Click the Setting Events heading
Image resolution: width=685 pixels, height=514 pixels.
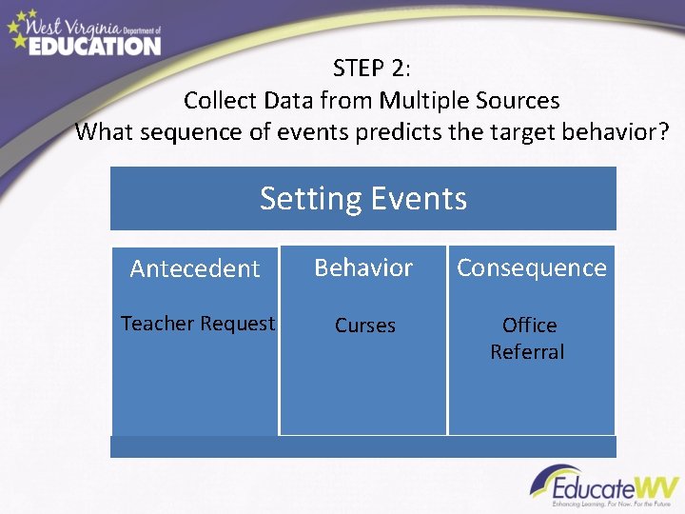363,198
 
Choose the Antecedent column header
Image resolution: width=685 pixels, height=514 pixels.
195,268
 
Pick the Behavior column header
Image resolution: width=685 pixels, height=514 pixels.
363,267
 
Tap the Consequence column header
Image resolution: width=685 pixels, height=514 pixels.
531,267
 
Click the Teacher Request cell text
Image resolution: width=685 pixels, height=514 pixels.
197,324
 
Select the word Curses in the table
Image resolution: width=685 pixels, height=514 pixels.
364,326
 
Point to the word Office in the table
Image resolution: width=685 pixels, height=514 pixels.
529,326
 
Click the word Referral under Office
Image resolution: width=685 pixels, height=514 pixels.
527,352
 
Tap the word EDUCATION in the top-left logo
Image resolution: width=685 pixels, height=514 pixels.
94,45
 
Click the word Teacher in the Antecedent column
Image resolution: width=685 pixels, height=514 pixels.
157,324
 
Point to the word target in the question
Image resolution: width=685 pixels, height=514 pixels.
512,131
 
